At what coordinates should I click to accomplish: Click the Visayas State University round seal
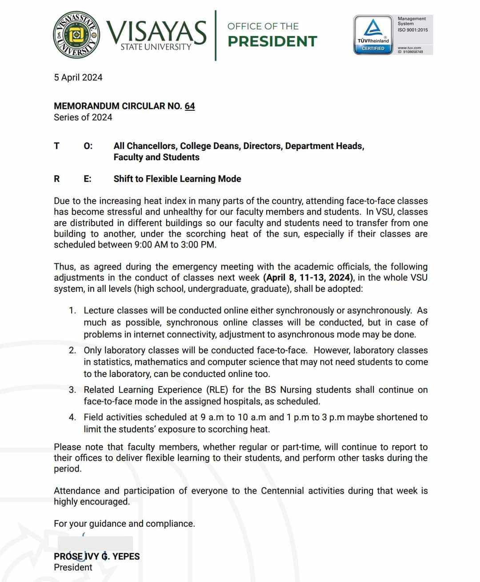coord(76,35)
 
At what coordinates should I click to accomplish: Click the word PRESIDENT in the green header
coord(272,41)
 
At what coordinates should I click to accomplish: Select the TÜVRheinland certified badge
coord(373,35)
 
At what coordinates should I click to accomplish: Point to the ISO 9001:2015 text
coord(412,30)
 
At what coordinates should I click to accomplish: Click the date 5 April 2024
coord(78,77)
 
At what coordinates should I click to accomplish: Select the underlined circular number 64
coord(190,106)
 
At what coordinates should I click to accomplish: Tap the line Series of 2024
coord(83,117)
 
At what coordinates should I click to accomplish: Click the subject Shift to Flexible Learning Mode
coord(177,179)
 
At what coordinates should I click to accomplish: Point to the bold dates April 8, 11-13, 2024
coord(308,278)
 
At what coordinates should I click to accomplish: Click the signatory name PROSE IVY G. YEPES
coord(97,556)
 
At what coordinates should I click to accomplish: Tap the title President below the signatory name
coord(73,567)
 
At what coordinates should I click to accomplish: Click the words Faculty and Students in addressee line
coord(156,157)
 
